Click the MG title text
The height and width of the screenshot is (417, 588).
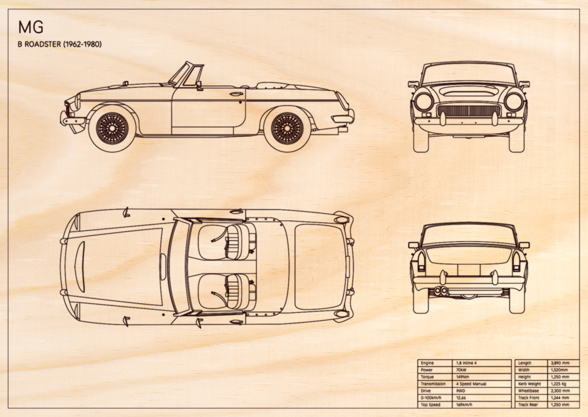coord(31,27)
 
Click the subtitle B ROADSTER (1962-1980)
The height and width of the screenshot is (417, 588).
coord(59,44)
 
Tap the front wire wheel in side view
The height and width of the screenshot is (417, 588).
coord(112,128)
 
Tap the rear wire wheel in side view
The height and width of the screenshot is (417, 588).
coord(287,128)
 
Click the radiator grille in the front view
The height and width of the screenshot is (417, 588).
coord(468,111)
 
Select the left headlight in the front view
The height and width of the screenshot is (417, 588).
coord(424,102)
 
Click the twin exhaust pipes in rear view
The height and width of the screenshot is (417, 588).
coord(441,291)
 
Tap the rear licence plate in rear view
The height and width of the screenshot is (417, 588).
coord(469,270)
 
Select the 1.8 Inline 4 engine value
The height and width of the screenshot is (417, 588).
coord(466,363)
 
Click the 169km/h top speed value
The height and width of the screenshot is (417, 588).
coord(464,405)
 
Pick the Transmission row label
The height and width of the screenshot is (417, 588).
coord(433,384)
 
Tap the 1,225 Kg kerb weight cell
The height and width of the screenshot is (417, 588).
coord(558,384)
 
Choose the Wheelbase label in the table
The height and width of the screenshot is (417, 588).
coord(529,391)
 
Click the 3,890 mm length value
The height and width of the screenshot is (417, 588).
coord(560,363)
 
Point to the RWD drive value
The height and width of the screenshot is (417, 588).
coord(461,391)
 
